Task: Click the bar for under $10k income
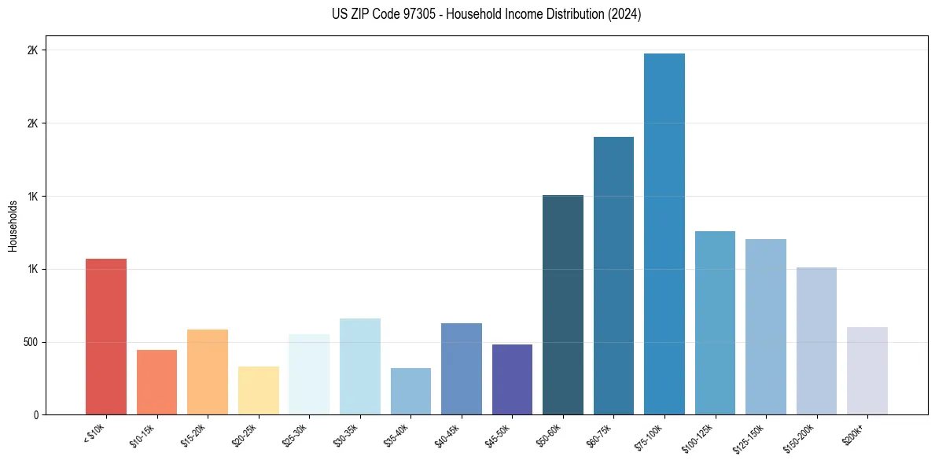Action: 106,337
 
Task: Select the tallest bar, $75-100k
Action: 664,234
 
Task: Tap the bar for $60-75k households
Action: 613,276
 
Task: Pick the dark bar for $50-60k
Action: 563,305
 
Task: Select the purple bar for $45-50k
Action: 513,380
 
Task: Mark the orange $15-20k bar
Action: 208,372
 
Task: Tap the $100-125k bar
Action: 715,323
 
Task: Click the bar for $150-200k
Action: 816,341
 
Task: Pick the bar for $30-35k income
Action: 360,366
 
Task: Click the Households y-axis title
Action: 13,226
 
